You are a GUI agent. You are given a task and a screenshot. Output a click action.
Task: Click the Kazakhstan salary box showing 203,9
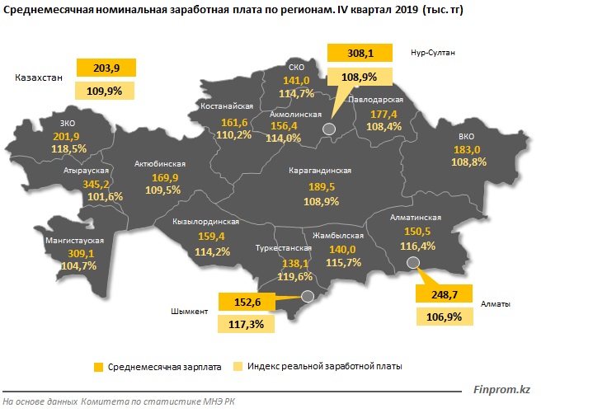coord(105,68)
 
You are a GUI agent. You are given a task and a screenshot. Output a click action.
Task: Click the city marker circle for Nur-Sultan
coord(329,129)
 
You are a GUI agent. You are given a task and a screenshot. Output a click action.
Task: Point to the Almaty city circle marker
coord(414,263)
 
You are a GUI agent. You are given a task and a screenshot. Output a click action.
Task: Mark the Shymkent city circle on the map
coord(308,296)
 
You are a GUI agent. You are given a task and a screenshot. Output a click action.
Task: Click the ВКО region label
coord(467,136)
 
